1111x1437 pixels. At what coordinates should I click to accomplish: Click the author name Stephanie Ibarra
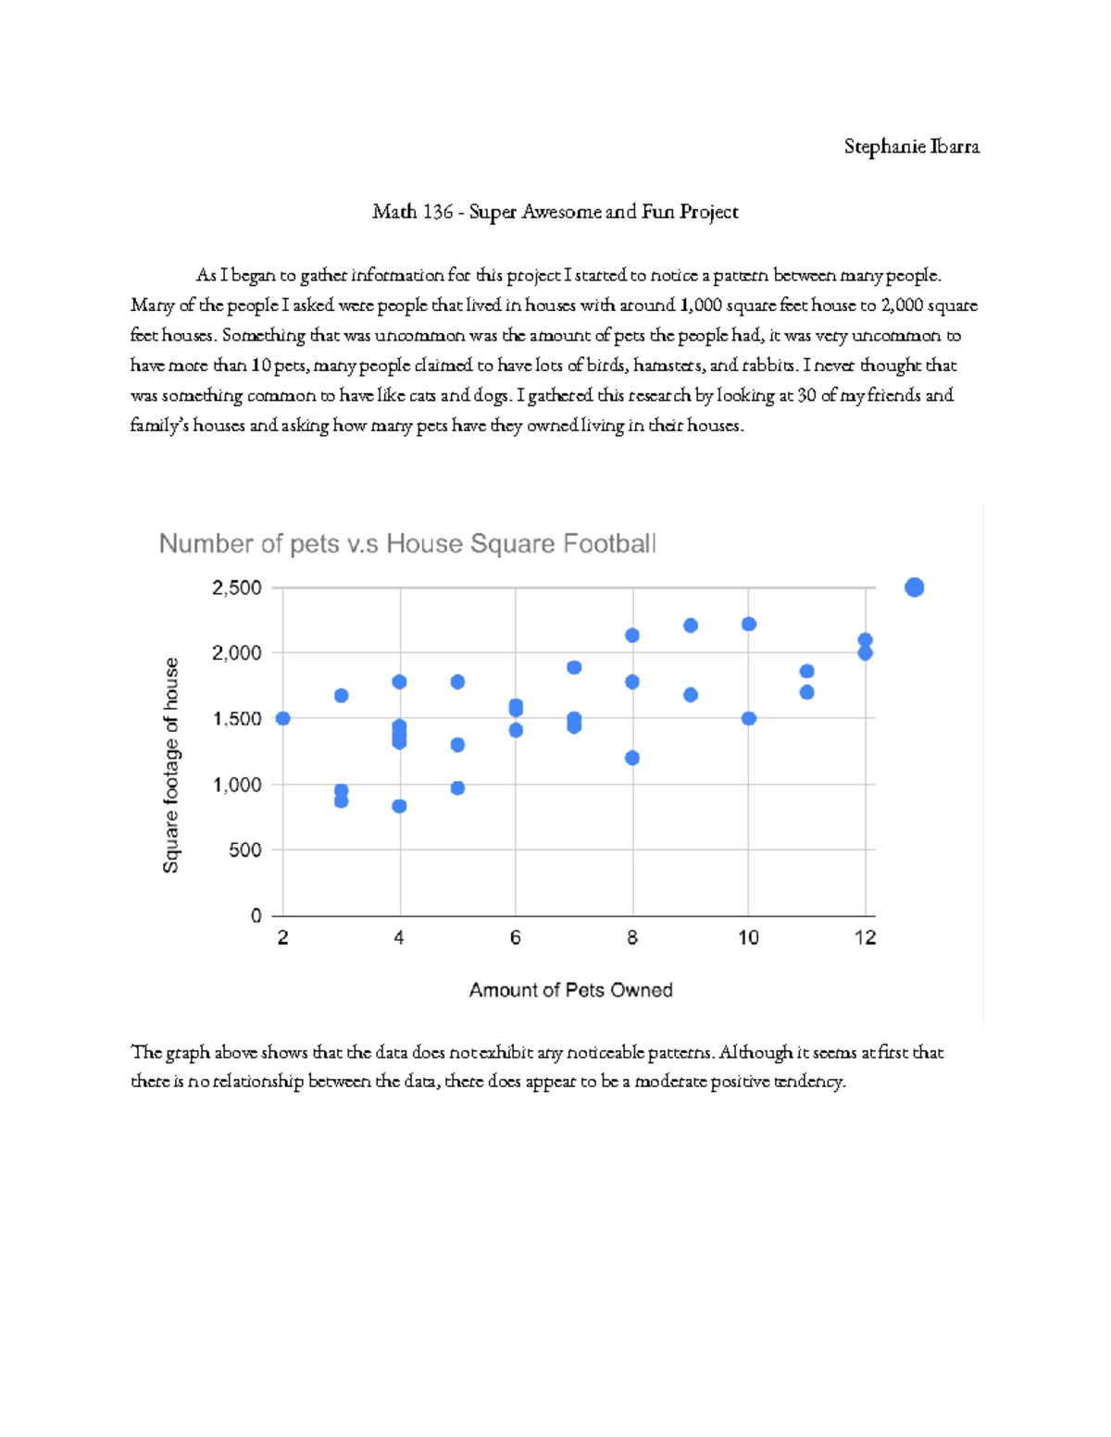point(911,147)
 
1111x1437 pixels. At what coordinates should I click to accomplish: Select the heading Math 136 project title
point(555,212)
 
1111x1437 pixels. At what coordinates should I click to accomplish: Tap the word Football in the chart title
point(614,543)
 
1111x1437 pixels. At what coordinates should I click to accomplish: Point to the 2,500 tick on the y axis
point(237,588)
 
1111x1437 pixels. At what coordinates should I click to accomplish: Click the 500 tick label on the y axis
point(244,849)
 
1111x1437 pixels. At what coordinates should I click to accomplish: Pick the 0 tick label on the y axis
point(256,915)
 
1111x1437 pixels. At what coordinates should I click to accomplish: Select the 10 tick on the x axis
point(748,938)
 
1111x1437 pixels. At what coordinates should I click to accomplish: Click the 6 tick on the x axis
point(516,938)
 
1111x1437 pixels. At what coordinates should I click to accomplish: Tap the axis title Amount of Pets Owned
point(570,990)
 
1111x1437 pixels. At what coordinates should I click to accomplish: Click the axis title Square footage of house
point(171,765)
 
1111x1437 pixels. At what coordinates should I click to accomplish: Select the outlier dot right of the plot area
point(914,588)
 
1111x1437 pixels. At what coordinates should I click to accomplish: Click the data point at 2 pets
point(283,718)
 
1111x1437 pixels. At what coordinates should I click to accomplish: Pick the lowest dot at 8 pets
point(632,758)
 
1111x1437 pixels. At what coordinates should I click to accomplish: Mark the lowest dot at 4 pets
point(399,806)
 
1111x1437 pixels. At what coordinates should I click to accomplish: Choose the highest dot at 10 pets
point(749,625)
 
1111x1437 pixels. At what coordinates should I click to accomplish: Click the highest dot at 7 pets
point(574,667)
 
